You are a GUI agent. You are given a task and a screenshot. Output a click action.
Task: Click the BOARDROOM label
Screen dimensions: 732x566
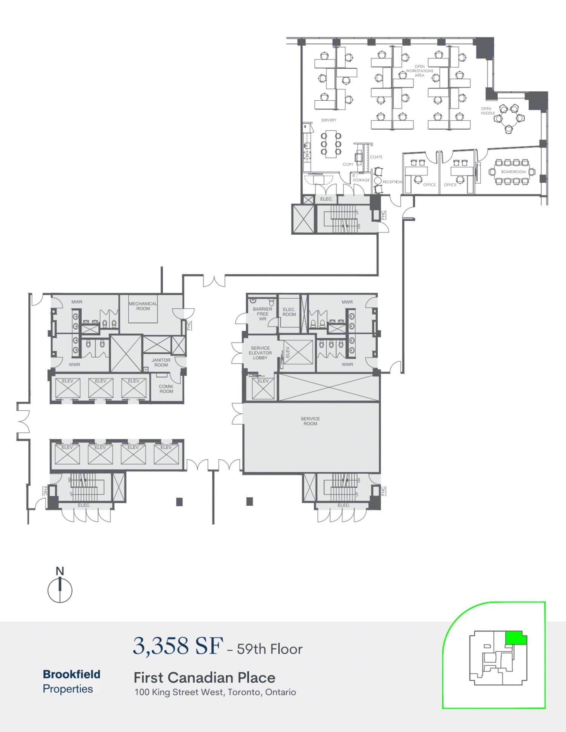point(513,172)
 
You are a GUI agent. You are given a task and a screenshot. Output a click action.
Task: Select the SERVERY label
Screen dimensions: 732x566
point(329,120)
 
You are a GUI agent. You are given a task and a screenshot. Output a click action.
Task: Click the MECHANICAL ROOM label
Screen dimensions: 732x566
point(143,306)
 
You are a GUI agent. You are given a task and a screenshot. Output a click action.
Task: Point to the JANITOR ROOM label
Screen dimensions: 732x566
point(161,362)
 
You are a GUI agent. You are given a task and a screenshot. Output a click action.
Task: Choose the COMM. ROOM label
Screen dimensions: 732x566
point(166,389)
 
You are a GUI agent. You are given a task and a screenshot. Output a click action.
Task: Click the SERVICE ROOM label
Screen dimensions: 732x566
point(310,421)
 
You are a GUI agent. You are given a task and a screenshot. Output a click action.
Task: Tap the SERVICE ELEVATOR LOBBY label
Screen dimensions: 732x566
point(260,353)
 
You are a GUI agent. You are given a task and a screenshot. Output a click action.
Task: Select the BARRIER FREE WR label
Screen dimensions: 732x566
point(262,314)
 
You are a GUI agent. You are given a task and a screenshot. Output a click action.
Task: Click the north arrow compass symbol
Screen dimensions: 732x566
point(60,590)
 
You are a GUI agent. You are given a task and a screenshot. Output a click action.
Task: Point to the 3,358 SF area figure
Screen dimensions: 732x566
point(178,646)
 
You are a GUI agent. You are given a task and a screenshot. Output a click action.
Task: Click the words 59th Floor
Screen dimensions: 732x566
point(270,649)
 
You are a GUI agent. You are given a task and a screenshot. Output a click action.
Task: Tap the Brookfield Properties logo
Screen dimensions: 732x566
point(71,681)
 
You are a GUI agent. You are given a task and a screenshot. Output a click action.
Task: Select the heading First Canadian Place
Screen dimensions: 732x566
point(204,678)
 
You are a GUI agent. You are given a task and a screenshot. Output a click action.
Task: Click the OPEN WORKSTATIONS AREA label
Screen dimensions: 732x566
point(420,71)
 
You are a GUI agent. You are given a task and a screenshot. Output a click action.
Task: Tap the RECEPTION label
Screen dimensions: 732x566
point(392,182)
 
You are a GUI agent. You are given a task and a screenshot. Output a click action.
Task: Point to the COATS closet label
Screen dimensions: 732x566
point(376,157)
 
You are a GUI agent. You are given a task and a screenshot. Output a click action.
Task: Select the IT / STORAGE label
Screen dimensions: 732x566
point(360,178)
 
